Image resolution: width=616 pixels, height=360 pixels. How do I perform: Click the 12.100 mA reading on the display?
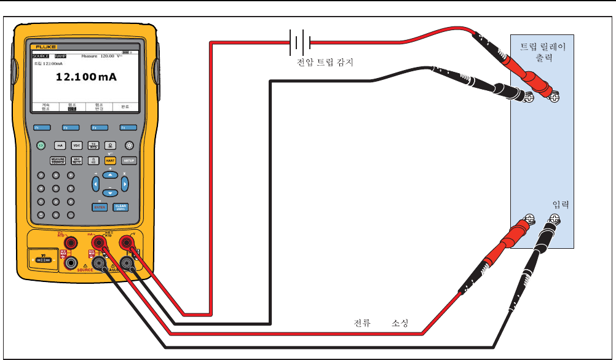(x=86, y=77)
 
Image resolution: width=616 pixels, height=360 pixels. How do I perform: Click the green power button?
(x=41, y=146)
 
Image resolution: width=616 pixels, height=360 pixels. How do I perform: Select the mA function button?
(x=60, y=146)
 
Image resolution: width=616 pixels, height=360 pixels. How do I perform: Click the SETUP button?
(x=129, y=160)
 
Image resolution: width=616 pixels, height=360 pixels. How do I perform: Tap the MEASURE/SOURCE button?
(x=57, y=160)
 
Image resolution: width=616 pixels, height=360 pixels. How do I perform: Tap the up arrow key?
(x=109, y=174)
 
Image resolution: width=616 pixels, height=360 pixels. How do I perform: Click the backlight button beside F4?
(x=129, y=146)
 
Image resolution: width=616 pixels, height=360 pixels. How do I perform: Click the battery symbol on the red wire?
(x=300, y=42)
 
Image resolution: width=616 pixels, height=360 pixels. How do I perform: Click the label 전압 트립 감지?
(x=325, y=62)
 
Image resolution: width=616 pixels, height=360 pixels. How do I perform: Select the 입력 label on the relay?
(x=561, y=205)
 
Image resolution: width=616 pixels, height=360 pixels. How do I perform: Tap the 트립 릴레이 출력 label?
(x=543, y=52)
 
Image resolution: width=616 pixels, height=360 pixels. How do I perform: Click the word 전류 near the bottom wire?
(x=361, y=323)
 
